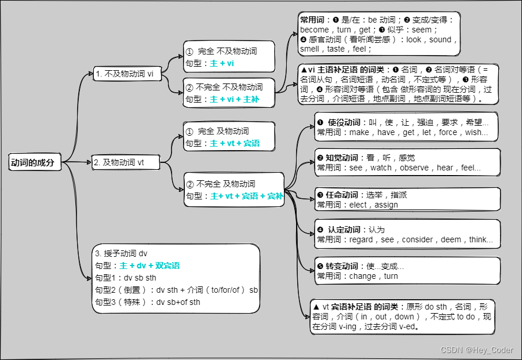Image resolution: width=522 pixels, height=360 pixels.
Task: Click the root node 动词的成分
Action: (x=32, y=163)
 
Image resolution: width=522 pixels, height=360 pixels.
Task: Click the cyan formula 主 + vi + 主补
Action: (x=234, y=99)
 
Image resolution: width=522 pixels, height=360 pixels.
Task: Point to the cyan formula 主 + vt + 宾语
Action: (x=235, y=143)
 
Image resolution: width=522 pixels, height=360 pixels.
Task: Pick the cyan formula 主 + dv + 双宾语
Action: (x=149, y=266)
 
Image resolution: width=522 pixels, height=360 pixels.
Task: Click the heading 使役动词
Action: (x=344, y=123)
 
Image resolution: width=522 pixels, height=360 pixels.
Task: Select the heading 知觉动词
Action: (x=342, y=158)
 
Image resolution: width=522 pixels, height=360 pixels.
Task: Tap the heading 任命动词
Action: (x=342, y=195)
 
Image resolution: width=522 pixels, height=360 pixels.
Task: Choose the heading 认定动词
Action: (x=344, y=230)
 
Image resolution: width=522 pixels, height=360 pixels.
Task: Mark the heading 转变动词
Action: (x=342, y=266)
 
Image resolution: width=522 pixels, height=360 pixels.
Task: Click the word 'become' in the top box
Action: (x=315, y=30)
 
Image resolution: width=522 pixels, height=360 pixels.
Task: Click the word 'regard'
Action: (x=363, y=239)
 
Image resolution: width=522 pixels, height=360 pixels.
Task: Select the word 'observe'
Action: (x=414, y=168)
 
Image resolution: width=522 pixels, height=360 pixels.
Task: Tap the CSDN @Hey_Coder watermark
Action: (x=476, y=350)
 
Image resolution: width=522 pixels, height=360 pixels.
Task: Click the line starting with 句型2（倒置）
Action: (x=176, y=290)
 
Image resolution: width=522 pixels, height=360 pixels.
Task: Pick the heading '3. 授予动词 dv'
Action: (x=121, y=253)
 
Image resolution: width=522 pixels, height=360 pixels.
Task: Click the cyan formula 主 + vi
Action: (x=222, y=63)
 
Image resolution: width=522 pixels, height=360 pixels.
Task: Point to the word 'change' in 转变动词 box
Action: (x=363, y=276)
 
